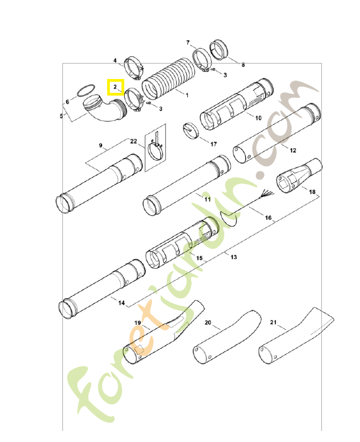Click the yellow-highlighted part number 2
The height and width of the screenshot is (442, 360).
point(115,87)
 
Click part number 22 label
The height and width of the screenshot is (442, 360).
point(133,141)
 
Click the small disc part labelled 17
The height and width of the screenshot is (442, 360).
point(190,130)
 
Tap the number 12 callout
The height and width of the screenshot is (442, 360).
point(293,150)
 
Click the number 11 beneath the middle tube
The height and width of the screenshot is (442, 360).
point(208,199)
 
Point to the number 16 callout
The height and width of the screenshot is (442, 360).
point(268,218)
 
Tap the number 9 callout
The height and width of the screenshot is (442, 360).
point(101,145)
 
